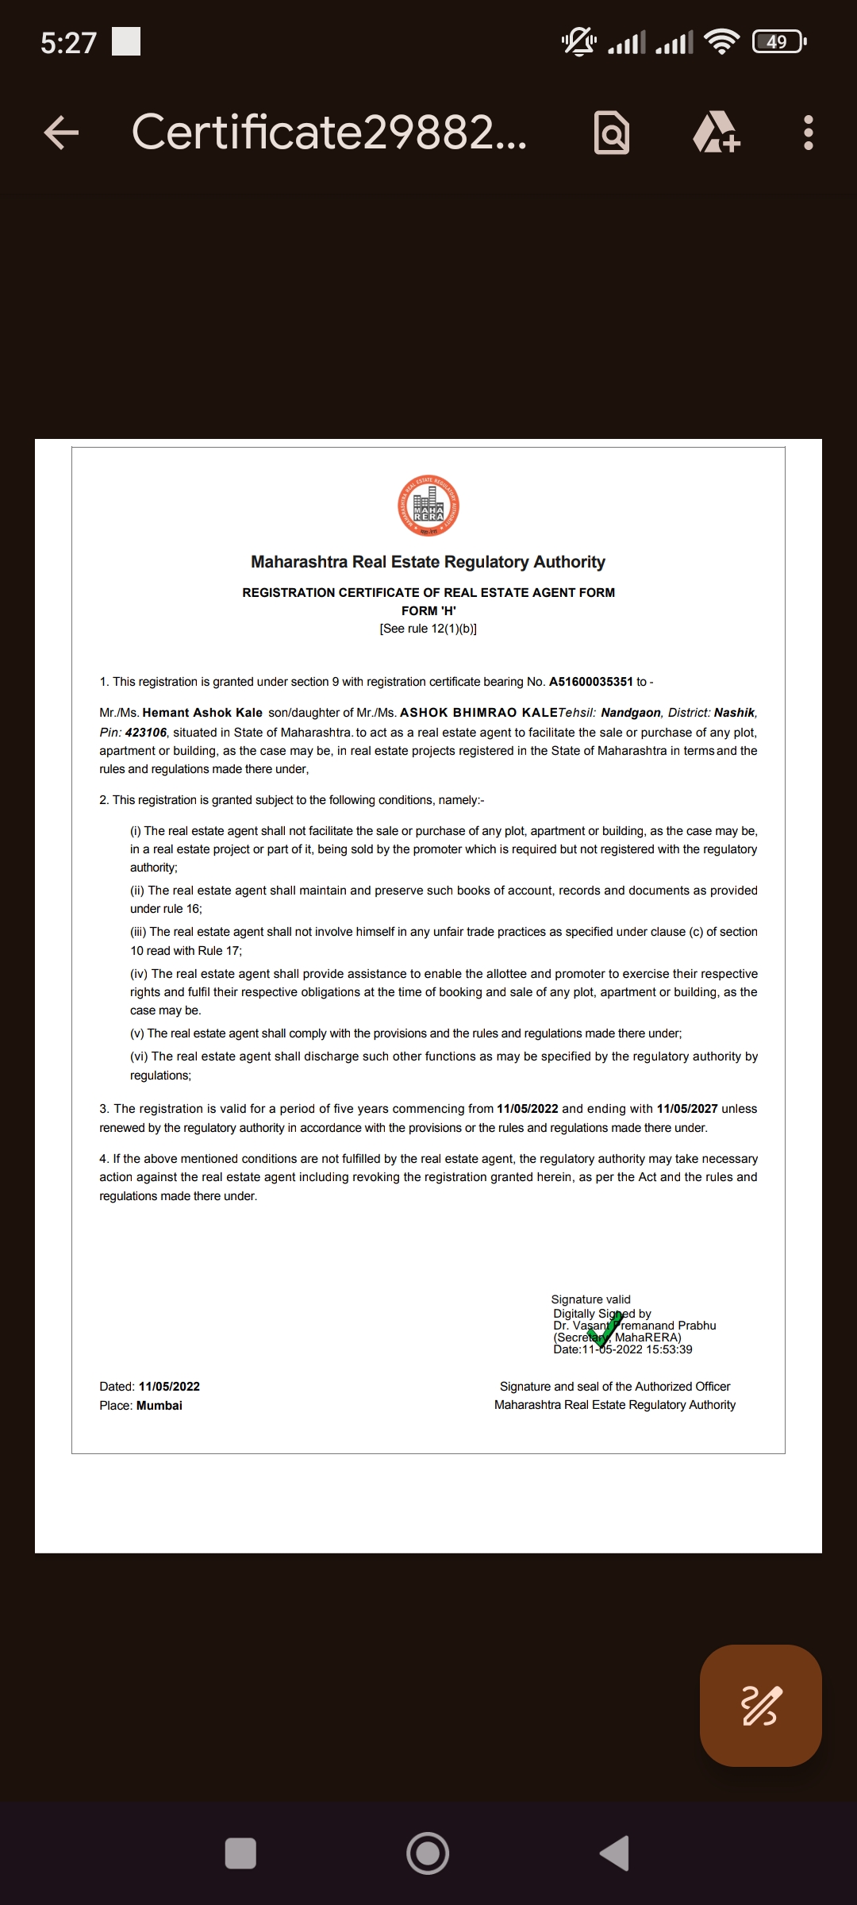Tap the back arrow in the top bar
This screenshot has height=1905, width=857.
click(x=61, y=133)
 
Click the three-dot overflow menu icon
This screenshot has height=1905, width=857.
click(x=808, y=133)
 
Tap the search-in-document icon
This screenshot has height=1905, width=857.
click(x=612, y=133)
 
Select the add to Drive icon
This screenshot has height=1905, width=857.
click(x=717, y=133)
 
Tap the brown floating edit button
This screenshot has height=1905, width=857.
click(x=760, y=1705)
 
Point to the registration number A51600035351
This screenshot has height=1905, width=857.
click(x=590, y=682)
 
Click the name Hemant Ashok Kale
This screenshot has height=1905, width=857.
click(x=202, y=713)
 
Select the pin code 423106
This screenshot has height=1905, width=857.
click(x=146, y=733)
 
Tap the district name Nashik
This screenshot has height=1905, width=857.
click(x=734, y=713)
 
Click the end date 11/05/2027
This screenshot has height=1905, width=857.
click(x=687, y=1109)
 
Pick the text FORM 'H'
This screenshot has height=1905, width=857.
click(x=428, y=610)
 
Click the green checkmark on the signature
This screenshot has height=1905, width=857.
click(x=605, y=1330)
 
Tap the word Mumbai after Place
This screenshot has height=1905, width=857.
click(x=159, y=1405)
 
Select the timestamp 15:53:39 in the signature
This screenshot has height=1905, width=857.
click(x=669, y=1349)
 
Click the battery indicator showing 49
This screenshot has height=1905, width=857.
click(x=778, y=41)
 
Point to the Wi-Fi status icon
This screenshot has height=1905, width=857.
click(x=721, y=41)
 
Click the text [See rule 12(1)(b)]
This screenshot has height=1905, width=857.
click(x=428, y=629)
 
